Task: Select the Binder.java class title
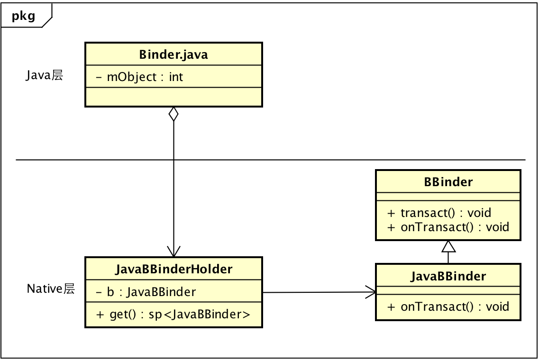pyautogui.click(x=174, y=54)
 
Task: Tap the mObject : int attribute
pyautogui.click(x=139, y=77)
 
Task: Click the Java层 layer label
pyautogui.click(x=44, y=75)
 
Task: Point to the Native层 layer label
pyautogui.click(x=51, y=289)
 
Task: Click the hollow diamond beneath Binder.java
pyautogui.click(x=174, y=114)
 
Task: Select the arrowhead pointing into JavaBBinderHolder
pyautogui.click(x=174, y=251)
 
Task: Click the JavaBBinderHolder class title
pyautogui.click(x=174, y=270)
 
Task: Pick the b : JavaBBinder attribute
pyautogui.click(x=146, y=292)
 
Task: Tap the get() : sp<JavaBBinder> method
pyautogui.click(x=173, y=315)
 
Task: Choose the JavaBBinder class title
pyautogui.click(x=448, y=276)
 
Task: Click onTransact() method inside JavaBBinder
pyautogui.click(x=448, y=306)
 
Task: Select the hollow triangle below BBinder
pyautogui.click(x=448, y=246)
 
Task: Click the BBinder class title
pyautogui.click(x=448, y=182)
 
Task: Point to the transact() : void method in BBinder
pyautogui.click(x=439, y=213)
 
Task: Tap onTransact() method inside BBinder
pyautogui.click(x=448, y=227)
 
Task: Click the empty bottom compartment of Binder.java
pyautogui.click(x=174, y=97)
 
